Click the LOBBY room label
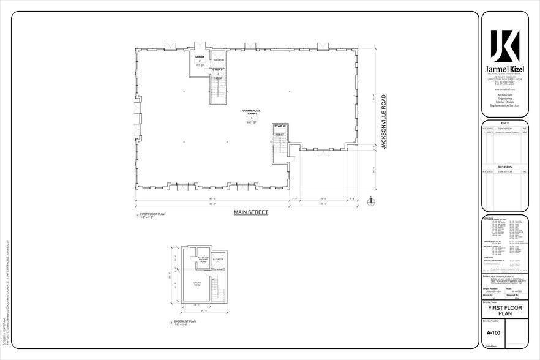click(x=199, y=56)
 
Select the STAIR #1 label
click(x=217, y=70)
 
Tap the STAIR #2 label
click(x=280, y=126)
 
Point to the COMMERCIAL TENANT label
click(x=251, y=112)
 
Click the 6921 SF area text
click(x=251, y=123)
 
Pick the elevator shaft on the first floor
click(x=219, y=59)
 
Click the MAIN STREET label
click(x=251, y=212)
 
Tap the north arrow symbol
click(x=370, y=200)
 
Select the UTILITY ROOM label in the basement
click(x=198, y=283)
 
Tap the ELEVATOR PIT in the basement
click(x=218, y=261)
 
